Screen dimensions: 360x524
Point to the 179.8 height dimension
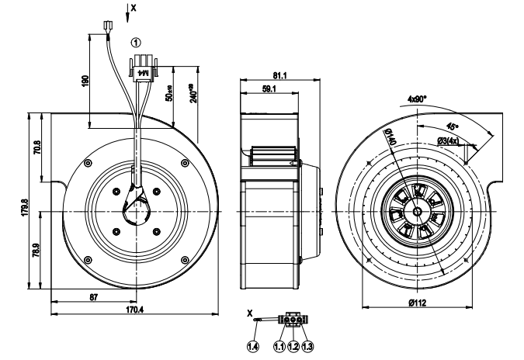coord(26,209)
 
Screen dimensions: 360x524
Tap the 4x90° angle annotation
coord(422,99)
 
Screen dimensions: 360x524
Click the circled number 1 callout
coord(137,42)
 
